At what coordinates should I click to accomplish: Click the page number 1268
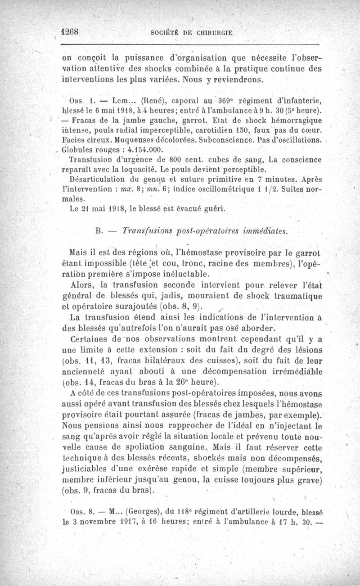tap(70, 33)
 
